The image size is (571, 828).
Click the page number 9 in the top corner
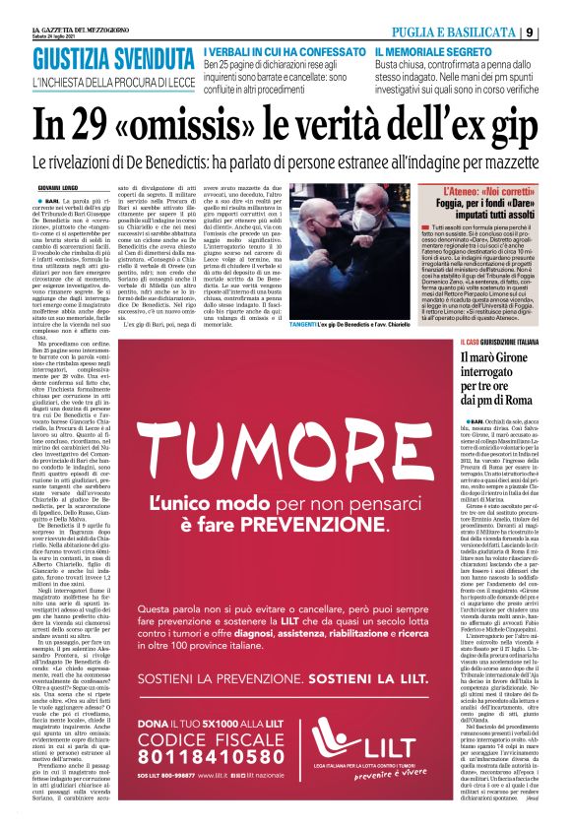click(x=557, y=32)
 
